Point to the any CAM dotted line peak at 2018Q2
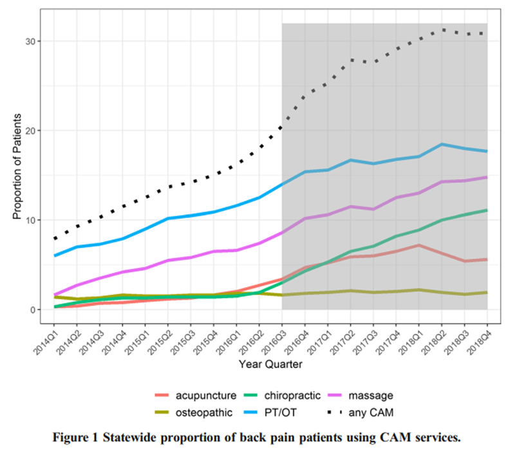[442, 30]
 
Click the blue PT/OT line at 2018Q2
[442, 144]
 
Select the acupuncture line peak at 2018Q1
[419, 245]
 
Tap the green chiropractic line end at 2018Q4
[487, 210]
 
